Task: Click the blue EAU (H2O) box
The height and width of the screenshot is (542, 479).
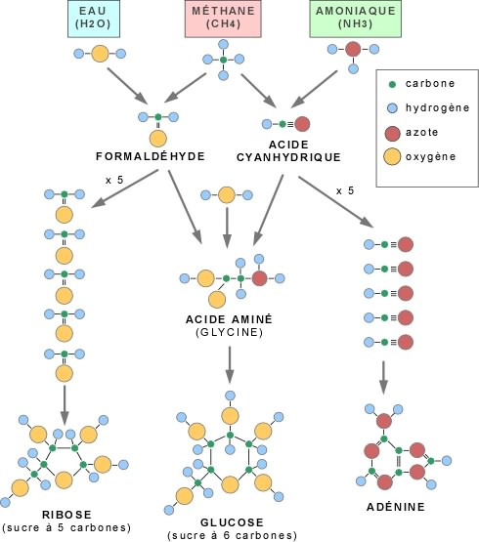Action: (x=94, y=19)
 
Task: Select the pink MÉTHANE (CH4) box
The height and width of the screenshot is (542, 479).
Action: (x=223, y=19)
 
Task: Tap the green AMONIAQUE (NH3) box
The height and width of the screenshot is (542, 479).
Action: (x=356, y=19)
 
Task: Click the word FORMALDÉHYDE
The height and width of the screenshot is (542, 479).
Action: (x=151, y=156)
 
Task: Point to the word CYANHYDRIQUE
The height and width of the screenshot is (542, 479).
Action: (x=288, y=157)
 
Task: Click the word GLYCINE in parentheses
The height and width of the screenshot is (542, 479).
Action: (x=229, y=332)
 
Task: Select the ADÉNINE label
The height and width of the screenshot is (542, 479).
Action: (x=396, y=507)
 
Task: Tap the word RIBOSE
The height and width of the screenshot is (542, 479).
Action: (x=66, y=515)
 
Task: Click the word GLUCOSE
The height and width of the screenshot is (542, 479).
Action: (x=232, y=521)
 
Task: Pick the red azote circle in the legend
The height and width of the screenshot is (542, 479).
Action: (x=392, y=133)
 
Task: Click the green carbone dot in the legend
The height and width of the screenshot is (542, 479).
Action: (x=392, y=84)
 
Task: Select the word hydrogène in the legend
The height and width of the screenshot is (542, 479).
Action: (x=438, y=108)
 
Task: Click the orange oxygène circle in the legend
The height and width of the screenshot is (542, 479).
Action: (x=392, y=156)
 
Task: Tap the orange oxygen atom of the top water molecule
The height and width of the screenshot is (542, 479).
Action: (x=100, y=54)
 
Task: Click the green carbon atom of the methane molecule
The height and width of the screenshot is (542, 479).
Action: (x=223, y=60)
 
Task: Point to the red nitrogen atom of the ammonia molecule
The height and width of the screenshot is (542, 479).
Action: (x=353, y=49)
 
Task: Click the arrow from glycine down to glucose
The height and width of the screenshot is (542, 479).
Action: (x=230, y=365)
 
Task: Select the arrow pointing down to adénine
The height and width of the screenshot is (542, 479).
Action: (x=383, y=378)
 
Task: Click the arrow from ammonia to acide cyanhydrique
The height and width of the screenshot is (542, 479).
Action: (x=314, y=90)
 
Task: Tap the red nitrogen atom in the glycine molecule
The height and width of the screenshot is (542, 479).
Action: (x=260, y=278)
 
